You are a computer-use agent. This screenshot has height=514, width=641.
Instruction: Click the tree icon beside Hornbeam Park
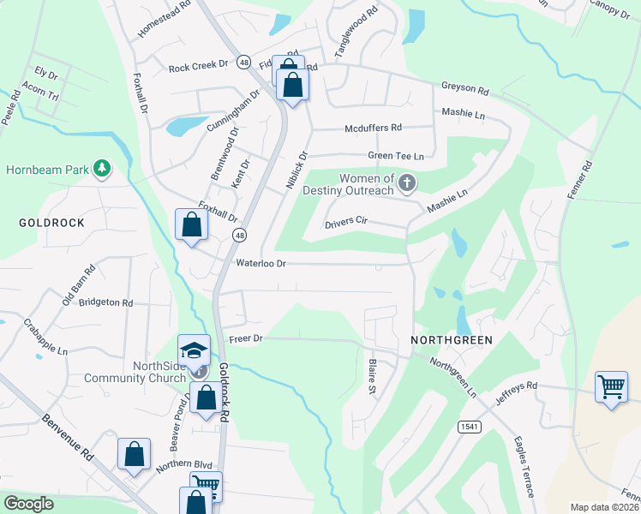[x=102, y=167]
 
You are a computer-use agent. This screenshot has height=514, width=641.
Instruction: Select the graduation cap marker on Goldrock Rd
[x=194, y=350]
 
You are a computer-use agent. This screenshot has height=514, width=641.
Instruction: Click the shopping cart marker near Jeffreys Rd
[x=611, y=387]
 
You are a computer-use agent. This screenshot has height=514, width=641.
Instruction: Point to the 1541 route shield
[x=469, y=426]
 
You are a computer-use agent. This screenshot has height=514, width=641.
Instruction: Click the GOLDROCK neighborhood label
[x=51, y=222]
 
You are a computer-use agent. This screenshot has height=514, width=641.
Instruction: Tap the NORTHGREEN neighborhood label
[x=452, y=340]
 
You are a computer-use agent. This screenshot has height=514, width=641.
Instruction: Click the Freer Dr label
[x=247, y=339]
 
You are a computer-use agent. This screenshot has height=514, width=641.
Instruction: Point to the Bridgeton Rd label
[x=105, y=302]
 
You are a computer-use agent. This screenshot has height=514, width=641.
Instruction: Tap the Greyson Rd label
[x=464, y=89]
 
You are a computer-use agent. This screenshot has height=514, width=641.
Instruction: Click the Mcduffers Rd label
[x=373, y=128]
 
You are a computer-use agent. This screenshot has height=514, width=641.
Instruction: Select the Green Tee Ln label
[x=396, y=156]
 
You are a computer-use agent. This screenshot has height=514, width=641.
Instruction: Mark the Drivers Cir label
[x=346, y=223]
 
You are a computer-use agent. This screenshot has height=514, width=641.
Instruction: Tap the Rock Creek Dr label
[x=198, y=67]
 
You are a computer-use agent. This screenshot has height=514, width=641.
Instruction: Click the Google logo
[x=29, y=504]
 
